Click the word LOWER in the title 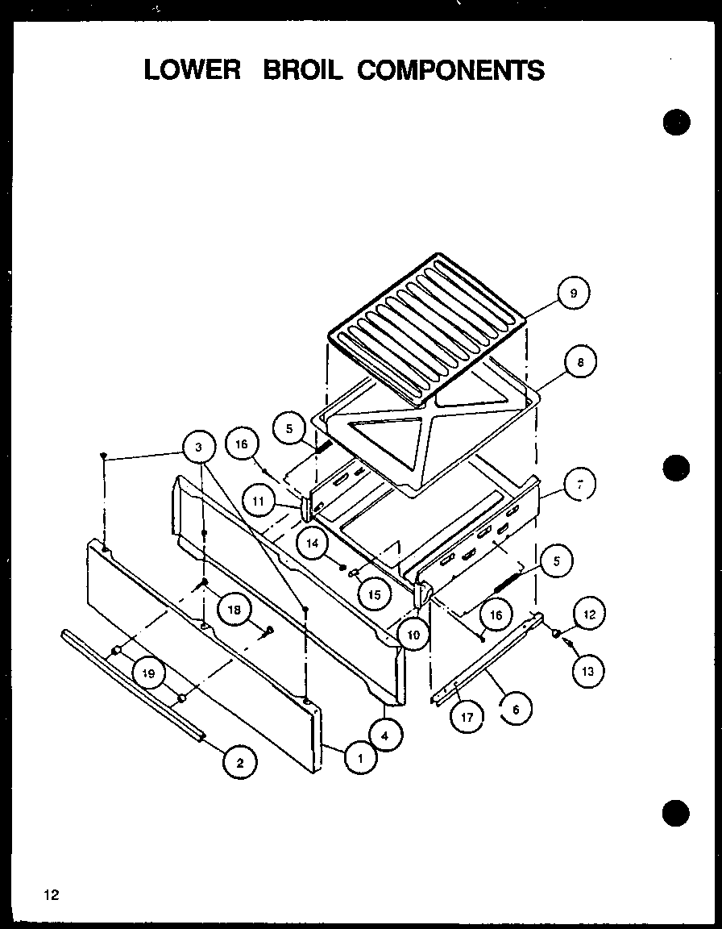193,70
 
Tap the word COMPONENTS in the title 450,70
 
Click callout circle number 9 573,294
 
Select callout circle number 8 579,363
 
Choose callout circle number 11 258,501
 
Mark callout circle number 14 314,544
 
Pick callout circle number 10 413,635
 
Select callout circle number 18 234,610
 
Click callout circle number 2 240,761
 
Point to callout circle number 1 359,757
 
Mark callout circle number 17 467,715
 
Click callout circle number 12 588,614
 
